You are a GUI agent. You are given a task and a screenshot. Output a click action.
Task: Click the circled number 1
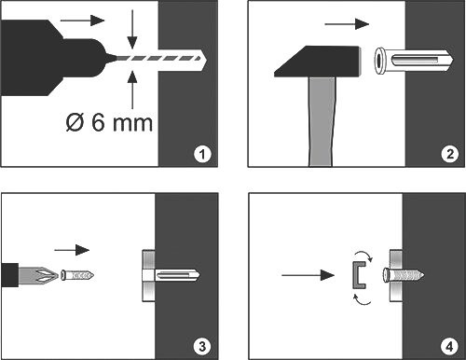pos(202,154)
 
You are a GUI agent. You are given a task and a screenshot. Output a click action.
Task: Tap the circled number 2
pos(449,154)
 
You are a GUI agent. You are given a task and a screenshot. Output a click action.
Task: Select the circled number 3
pos(202,346)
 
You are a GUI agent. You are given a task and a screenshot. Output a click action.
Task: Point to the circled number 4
pos(449,346)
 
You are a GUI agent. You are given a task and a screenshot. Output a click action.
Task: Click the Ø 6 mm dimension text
pos(109,122)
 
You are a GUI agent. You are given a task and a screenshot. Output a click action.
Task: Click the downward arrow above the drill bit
pos(132,30)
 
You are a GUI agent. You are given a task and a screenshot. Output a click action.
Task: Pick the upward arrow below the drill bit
pos(132,90)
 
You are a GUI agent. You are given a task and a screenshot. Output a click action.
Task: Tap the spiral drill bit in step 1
pos(158,58)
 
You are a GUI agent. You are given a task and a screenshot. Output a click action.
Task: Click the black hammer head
pos(318,62)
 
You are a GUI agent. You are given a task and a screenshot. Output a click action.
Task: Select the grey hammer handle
pos(322,121)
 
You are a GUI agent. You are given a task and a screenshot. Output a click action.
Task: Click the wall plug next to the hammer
pos(413,61)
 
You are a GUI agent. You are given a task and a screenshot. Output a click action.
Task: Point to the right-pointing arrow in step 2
pos(347,24)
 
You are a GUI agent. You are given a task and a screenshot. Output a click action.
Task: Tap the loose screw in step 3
pos(77,275)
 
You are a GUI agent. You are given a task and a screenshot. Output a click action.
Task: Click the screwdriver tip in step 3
pos(38,275)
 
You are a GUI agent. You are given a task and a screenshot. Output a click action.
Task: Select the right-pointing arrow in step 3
pos(72,250)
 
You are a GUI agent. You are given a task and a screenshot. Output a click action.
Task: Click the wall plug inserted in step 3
pos(171,275)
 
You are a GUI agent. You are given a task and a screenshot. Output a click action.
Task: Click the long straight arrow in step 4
pos(308,275)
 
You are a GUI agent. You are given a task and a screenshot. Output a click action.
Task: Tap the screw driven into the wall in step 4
pos(404,275)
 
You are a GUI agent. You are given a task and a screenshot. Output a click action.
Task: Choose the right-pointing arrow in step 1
pos(82,21)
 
